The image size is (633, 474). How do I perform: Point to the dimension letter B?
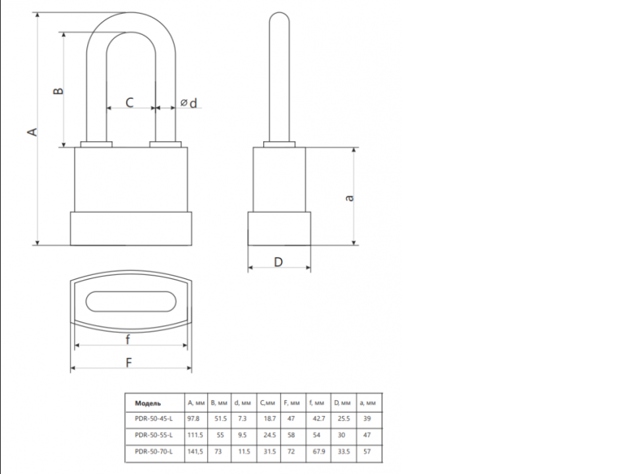[x=59, y=90]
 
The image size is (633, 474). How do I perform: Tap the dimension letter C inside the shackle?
[x=129, y=102]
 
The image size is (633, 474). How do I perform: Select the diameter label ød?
[x=189, y=104]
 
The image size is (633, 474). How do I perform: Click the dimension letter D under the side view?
[x=278, y=262]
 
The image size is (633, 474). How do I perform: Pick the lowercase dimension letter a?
[x=349, y=198]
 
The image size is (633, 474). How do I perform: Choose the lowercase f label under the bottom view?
[x=127, y=340]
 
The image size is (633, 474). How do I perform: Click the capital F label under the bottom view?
[x=129, y=363]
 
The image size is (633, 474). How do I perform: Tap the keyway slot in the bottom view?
[x=131, y=301]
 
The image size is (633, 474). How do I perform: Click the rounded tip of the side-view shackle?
[x=279, y=14]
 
